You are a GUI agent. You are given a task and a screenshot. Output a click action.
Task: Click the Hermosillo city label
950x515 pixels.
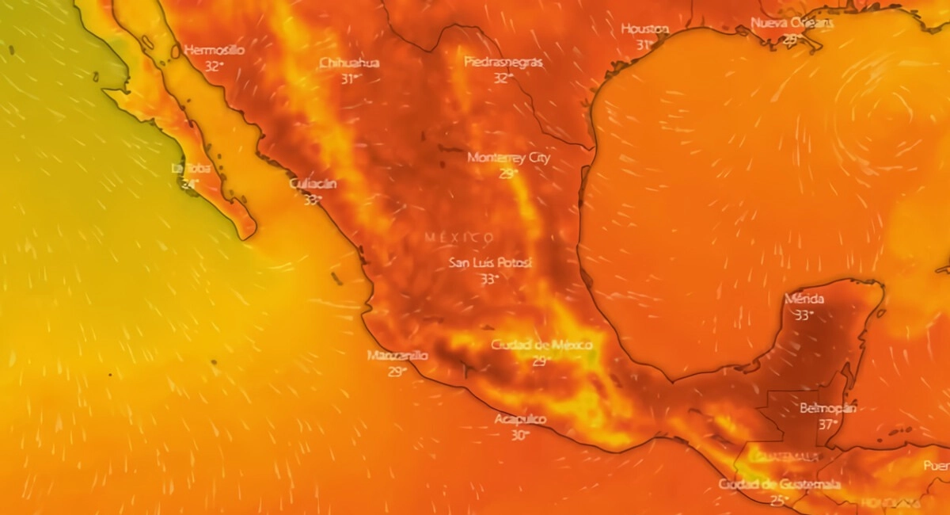[214, 50]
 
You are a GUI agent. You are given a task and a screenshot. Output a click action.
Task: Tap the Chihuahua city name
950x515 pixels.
[349, 63]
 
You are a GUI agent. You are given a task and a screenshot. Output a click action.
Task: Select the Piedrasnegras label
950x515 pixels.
[503, 62]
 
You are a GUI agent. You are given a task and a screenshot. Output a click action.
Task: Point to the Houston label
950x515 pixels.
[644, 29]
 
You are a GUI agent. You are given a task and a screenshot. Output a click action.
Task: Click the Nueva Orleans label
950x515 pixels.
[792, 23]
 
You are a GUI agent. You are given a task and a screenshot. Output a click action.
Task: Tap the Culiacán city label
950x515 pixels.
[312, 184]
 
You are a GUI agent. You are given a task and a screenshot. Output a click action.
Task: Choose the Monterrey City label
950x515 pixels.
[508, 158]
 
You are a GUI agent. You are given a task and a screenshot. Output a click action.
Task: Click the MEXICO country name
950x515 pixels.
[459, 238]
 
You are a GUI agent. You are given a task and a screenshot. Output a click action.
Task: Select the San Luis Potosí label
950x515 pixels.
[490, 263]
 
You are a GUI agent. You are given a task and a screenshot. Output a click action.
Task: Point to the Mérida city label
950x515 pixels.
[804, 299]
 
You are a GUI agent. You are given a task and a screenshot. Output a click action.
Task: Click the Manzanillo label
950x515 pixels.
[397, 356]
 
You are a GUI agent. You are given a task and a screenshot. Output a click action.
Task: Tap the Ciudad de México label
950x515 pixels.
[541, 345]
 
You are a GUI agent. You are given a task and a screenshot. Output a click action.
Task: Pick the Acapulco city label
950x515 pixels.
[520, 419]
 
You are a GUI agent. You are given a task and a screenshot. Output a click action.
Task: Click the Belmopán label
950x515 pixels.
[827, 408]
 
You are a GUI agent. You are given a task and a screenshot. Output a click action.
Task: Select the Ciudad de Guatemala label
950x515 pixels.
[780, 484]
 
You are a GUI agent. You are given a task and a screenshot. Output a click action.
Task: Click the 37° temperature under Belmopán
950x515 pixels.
[827, 424]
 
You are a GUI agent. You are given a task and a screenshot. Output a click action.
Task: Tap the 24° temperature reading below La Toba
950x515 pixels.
[189, 184]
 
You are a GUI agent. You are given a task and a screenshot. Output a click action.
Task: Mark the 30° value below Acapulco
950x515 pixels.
[519, 435]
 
